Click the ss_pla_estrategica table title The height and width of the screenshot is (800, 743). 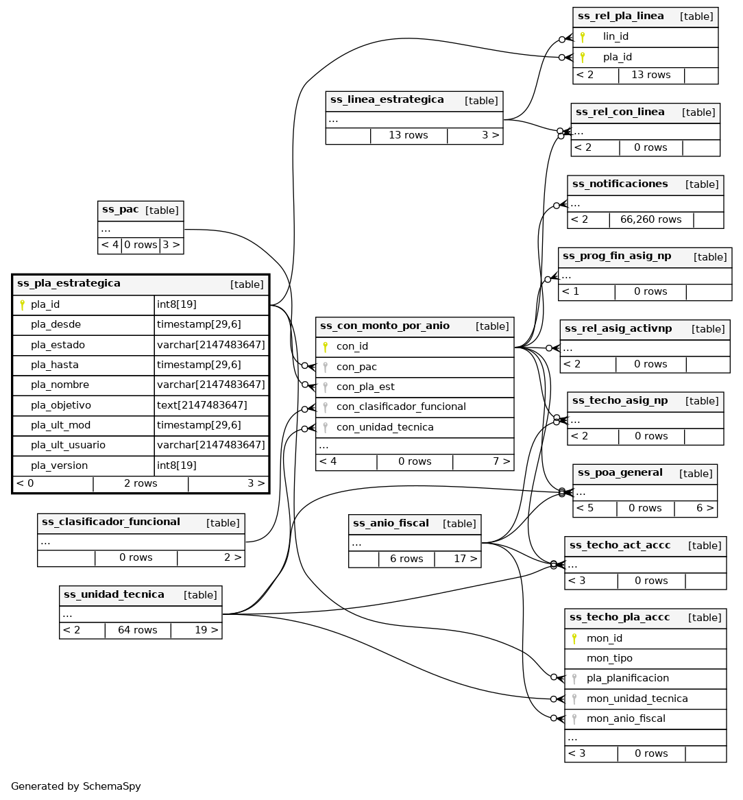69,284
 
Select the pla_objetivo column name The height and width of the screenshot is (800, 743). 61,405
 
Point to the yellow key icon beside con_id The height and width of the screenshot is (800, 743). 326,347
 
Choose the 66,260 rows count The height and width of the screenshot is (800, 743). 650,220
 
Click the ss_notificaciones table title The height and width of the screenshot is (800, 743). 620,184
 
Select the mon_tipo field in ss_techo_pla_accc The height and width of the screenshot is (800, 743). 609,658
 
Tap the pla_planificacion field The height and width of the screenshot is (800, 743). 627,678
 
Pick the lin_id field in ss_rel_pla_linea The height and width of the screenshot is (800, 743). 616,37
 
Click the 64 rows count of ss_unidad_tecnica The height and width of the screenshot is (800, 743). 137,630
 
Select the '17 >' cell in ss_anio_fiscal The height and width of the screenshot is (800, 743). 465,559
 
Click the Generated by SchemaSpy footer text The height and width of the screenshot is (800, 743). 76,786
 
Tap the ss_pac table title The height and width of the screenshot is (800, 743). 120,210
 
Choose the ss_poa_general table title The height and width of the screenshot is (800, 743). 620,473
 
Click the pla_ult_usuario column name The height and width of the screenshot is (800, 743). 68,446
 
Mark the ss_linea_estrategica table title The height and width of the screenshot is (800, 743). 387,100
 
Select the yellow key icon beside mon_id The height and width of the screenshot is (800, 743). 574,638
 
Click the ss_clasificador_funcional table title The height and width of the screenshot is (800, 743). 110,522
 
